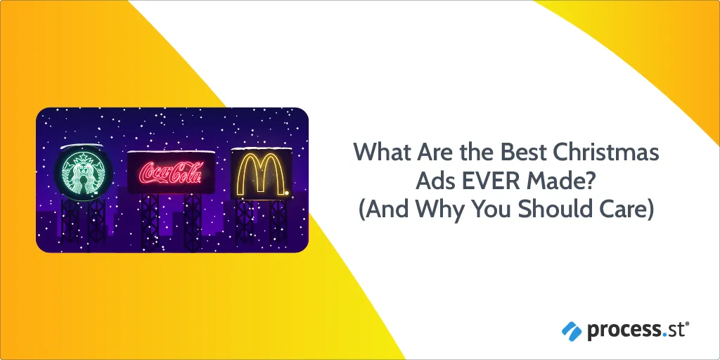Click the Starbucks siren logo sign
pyautogui.click(x=84, y=173)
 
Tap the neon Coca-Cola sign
pyautogui.click(x=171, y=173)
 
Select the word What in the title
pyautogui.click(x=381, y=153)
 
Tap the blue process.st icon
pyautogui.click(x=572, y=331)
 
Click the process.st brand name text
pyautogui.click(x=638, y=331)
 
